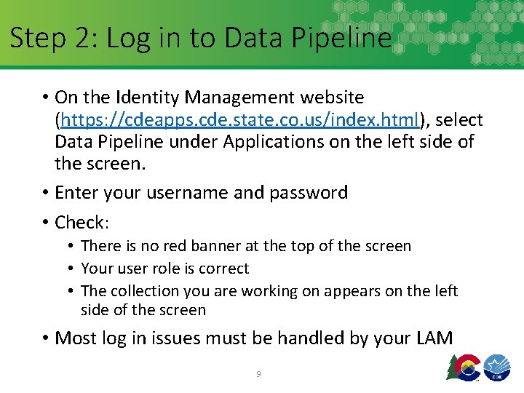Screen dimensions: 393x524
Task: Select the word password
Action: pyautogui.click(x=309, y=192)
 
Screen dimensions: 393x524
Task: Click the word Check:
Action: pyautogui.click(x=82, y=221)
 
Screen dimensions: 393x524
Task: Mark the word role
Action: pyautogui.click(x=162, y=269)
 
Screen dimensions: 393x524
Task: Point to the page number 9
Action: pyautogui.click(x=258, y=374)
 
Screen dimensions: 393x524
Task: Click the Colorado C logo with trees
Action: pyautogui.click(x=463, y=368)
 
